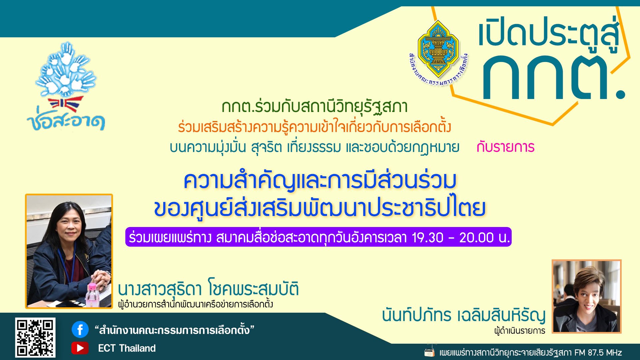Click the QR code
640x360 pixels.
[35, 337]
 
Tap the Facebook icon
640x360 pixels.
[80, 330]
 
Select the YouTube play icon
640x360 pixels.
[80, 348]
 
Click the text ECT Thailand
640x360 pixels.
[127, 348]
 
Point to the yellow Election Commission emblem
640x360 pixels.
[438, 49]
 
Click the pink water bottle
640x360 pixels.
[91, 295]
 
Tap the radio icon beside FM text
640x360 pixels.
[430, 352]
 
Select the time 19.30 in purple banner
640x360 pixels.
[428, 238]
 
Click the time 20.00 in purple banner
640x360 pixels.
[476, 238]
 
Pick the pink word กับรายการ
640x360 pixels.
[505, 147]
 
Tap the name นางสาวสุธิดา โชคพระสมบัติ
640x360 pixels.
[208, 289]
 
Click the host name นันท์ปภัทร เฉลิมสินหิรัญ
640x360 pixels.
[464, 315]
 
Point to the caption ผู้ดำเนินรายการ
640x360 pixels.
[520, 331]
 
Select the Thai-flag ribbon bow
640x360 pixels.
[65, 104]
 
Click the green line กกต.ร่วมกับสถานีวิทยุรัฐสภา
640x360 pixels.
[314, 107]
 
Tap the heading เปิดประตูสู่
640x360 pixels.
[548, 33]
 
